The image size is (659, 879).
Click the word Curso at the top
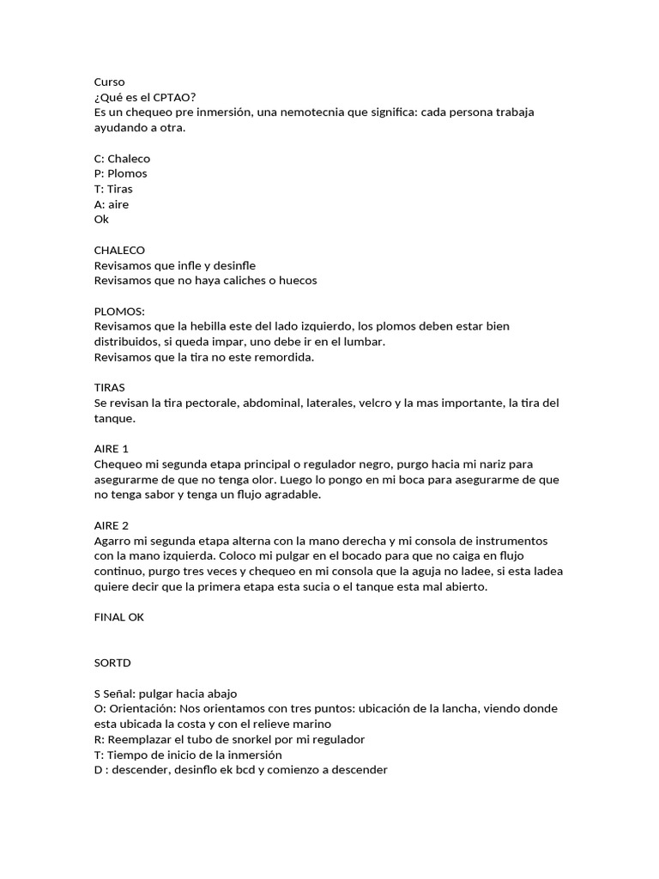coord(109,82)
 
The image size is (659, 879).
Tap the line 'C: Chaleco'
coord(122,159)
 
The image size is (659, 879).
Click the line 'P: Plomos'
coord(120,173)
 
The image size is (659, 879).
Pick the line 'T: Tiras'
coord(113,189)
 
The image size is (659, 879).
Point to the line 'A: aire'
coord(112,204)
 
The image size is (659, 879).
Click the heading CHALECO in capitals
coord(119,250)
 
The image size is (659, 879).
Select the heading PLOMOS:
coord(119,311)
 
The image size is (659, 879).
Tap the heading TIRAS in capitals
coord(109,387)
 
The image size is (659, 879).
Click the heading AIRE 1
coord(112,448)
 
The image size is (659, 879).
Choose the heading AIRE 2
coord(112,524)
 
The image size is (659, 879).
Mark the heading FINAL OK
coord(119,616)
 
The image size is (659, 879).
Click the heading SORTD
coord(112,663)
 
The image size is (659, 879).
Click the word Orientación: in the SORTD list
coord(141,708)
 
